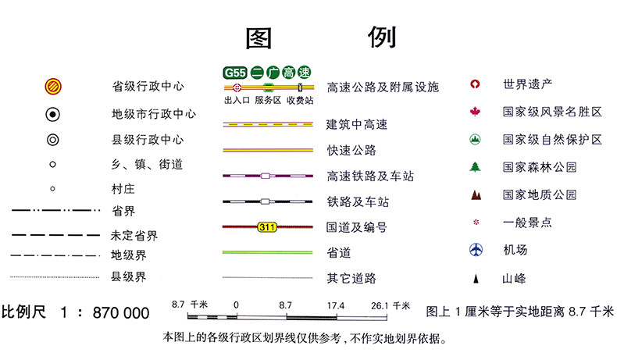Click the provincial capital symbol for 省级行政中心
[x=53, y=86]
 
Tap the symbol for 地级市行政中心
[x=53, y=114]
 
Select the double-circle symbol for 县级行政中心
[x=53, y=140]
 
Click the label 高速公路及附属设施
[x=382, y=87]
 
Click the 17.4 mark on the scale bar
[x=337, y=305]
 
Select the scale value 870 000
[x=120, y=313]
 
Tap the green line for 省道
[x=269, y=252]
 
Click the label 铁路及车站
[x=358, y=202]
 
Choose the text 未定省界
[x=134, y=235]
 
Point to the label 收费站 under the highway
[x=300, y=100]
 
